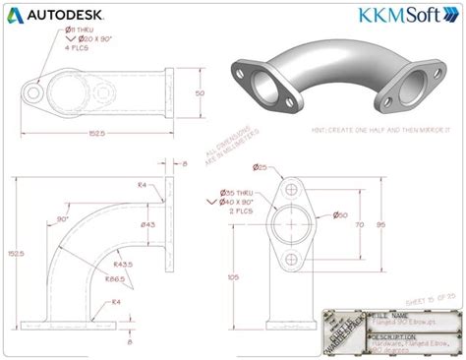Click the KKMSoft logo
pyautogui.click(x=408, y=18)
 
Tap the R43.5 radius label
pyautogui.click(x=123, y=265)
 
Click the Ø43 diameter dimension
pyautogui.click(x=148, y=225)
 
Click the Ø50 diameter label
pyautogui.click(x=340, y=214)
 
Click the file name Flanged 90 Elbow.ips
pyautogui.click(x=400, y=322)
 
